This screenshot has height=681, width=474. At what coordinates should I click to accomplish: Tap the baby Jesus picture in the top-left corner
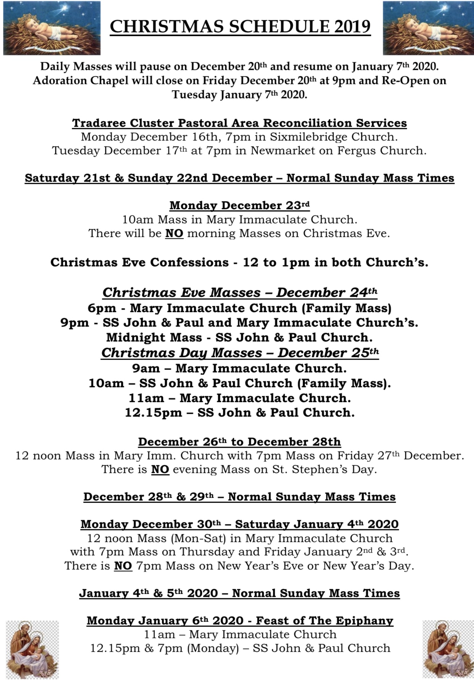point(52,28)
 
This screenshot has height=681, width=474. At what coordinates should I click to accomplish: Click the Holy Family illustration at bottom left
point(32,649)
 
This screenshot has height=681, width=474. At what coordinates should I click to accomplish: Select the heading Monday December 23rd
point(239,206)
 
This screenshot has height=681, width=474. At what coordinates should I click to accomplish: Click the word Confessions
point(189,262)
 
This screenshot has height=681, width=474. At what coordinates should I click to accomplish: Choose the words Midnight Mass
point(154,337)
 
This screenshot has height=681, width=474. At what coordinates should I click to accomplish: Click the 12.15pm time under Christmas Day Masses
point(153,413)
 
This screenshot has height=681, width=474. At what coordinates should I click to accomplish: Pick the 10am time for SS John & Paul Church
point(106,383)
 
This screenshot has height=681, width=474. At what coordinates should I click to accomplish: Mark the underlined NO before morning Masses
point(174,233)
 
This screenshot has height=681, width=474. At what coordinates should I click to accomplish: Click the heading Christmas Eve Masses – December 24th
point(240,292)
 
